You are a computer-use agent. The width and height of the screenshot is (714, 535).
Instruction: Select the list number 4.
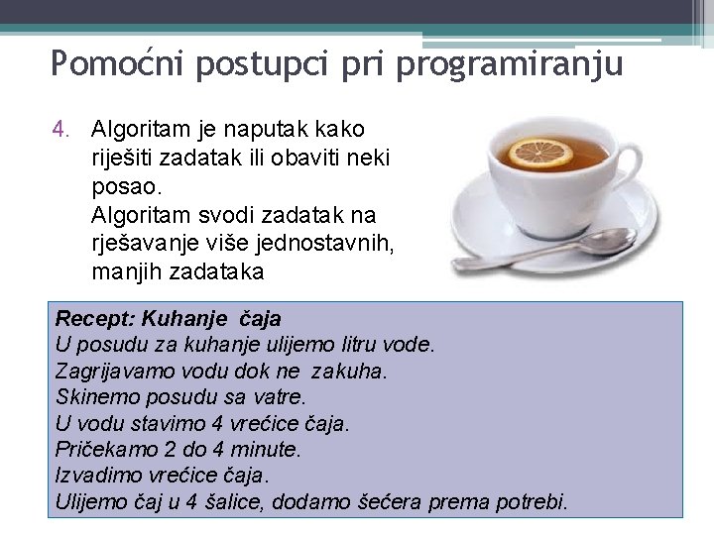coord(61,130)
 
